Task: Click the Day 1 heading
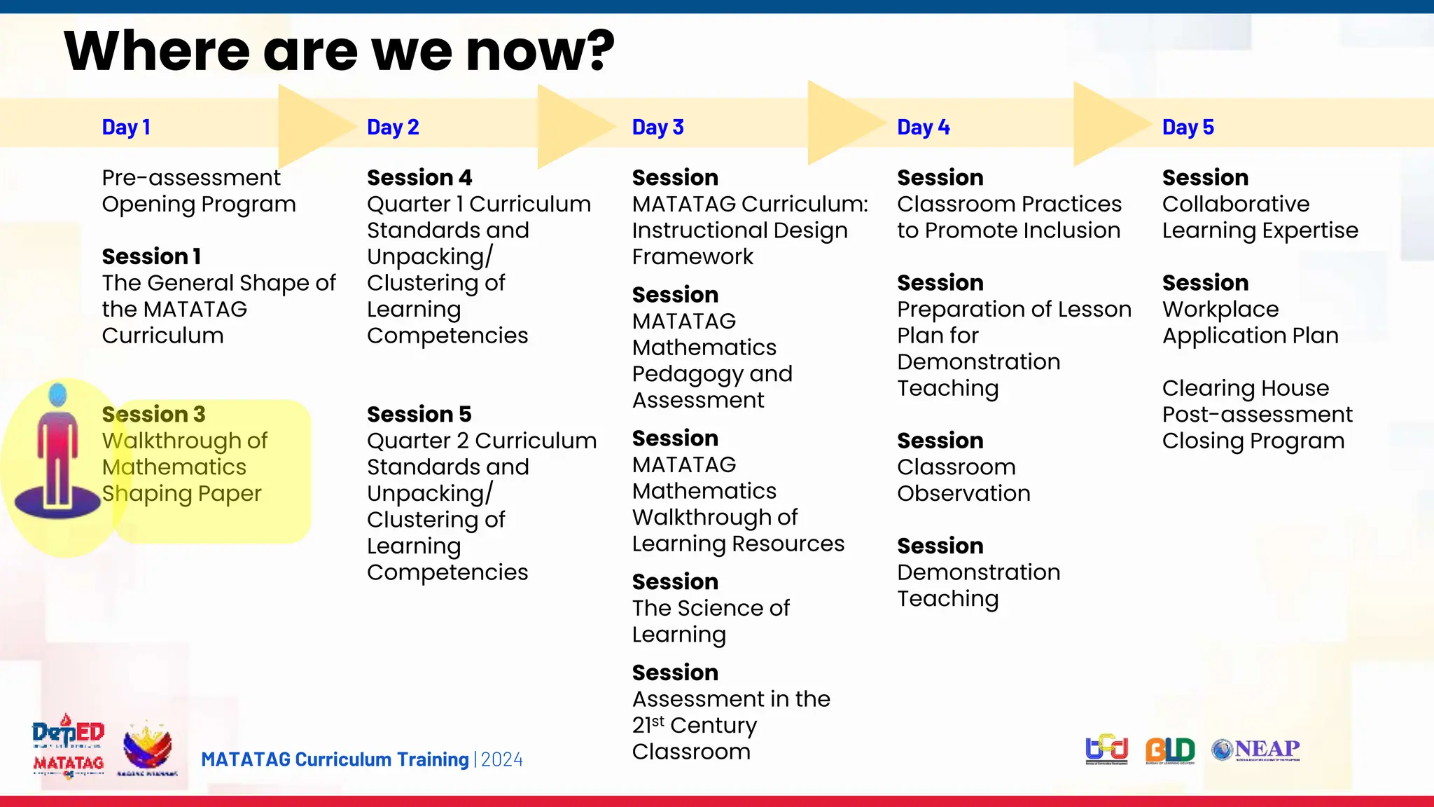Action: [126, 127]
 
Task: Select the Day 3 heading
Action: [657, 127]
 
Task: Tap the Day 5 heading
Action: [1188, 127]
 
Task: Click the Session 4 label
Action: [419, 177]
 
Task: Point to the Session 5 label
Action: [419, 414]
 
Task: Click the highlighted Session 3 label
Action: [153, 414]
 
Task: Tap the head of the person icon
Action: [58, 395]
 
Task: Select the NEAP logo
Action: [1256, 750]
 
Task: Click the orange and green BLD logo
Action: [1169, 750]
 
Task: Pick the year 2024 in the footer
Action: [501, 759]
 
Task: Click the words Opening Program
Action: [199, 205]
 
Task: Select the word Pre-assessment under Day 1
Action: [190, 178]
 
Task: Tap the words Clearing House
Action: [1245, 388]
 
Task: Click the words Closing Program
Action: [1253, 441]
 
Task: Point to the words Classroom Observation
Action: [963, 480]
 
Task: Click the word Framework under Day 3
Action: [692, 257]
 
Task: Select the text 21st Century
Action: [694, 725]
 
